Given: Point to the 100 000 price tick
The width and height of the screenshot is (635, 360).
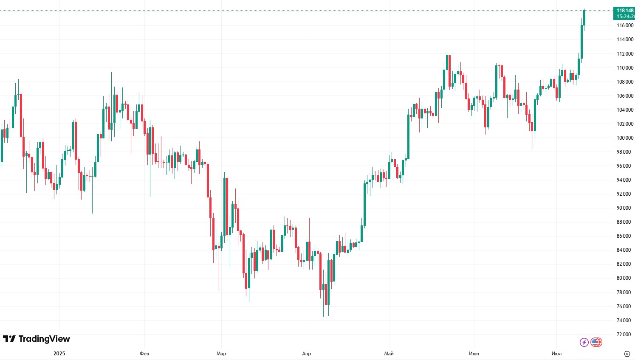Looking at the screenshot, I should (x=625, y=138).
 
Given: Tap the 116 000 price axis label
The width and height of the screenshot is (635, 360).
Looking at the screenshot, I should (x=625, y=25).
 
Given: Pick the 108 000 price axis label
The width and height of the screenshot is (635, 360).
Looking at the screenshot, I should (x=625, y=82).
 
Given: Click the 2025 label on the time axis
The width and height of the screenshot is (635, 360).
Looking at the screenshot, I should (x=59, y=354).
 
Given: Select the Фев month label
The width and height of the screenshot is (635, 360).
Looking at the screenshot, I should (x=144, y=354).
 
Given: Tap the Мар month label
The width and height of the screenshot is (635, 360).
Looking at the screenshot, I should (x=221, y=354).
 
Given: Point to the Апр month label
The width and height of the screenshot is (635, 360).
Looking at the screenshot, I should (x=306, y=354).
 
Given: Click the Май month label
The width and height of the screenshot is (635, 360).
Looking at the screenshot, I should (x=389, y=354).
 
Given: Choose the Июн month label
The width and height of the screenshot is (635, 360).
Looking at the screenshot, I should (x=474, y=354).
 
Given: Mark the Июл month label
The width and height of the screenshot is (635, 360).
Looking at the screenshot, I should (x=556, y=354).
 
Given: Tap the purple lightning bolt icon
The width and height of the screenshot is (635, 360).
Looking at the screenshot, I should (x=584, y=342).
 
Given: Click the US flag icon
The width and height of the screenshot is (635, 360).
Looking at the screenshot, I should (x=596, y=342).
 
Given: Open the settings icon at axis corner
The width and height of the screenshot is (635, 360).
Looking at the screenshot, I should (x=627, y=354).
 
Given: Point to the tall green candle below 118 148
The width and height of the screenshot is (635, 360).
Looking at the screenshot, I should (x=581, y=42).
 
